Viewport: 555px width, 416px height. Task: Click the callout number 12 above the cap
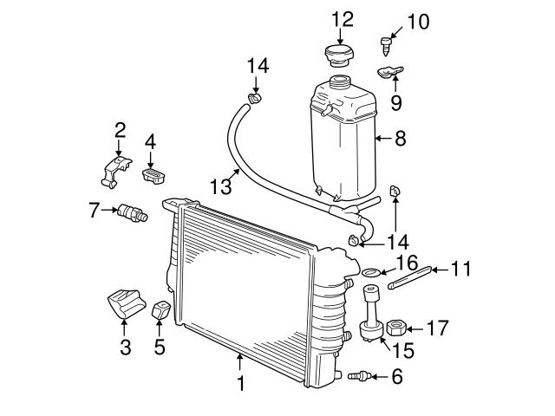(x=343, y=19)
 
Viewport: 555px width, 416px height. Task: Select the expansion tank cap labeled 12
(x=339, y=55)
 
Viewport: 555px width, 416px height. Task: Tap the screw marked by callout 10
(x=386, y=46)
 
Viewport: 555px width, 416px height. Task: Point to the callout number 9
(x=396, y=102)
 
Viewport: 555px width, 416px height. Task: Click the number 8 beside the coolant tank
(x=401, y=139)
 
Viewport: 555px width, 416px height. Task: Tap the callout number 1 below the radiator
(x=241, y=383)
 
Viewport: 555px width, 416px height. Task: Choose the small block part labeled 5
(x=160, y=310)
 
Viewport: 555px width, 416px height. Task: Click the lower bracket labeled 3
(x=127, y=303)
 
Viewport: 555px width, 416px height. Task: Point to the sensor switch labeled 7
(x=133, y=212)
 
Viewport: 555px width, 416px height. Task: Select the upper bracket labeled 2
(x=115, y=172)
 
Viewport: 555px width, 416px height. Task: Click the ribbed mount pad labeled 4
(x=154, y=175)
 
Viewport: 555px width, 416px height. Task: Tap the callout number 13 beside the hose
(x=221, y=186)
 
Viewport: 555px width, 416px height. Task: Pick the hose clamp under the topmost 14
(x=254, y=98)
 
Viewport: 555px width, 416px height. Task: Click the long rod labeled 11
(x=409, y=277)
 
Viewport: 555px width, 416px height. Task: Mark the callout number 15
(x=402, y=349)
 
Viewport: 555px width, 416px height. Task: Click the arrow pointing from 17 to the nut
(x=415, y=329)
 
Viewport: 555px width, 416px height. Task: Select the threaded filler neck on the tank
(x=340, y=82)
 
